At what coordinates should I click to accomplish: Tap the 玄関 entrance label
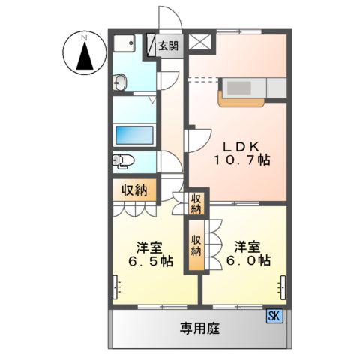[169, 46]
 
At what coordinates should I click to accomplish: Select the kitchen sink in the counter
[240, 88]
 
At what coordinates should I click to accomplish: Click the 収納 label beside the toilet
[135, 190]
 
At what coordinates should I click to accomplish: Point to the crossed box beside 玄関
[200, 43]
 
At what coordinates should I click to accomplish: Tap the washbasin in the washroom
[121, 81]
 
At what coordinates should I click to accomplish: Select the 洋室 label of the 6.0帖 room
[244, 245]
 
